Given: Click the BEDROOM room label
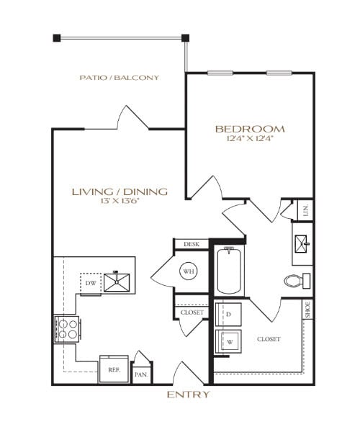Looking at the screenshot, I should click(x=250, y=129).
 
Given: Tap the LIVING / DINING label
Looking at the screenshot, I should click(x=120, y=192).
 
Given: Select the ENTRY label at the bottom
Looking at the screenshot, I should click(x=188, y=395).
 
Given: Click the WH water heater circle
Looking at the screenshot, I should click(x=189, y=271).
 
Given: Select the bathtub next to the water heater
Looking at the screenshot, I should click(x=229, y=270).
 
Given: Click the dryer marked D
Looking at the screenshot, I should click(x=228, y=315).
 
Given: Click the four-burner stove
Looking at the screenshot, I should click(x=66, y=328).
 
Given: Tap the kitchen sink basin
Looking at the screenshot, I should click(x=117, y=281).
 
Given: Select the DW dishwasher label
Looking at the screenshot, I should click(x=90, y=283).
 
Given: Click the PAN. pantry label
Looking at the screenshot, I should click(x=142, y=374).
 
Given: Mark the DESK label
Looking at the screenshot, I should click(x=191, y=245).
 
